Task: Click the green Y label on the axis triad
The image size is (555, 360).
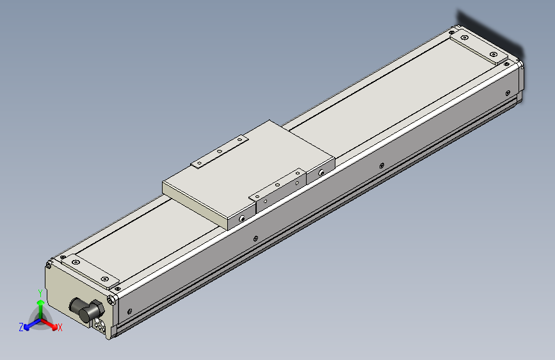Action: point(40,293)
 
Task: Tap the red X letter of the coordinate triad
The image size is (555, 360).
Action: point(60,328)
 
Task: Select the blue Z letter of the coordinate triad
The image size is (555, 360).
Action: point(21,327)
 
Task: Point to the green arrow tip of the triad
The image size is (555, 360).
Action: point(40,303)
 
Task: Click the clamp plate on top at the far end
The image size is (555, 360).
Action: point(479,49)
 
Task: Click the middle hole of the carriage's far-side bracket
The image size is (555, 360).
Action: point(220,152)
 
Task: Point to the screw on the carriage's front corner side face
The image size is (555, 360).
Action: point(243,218)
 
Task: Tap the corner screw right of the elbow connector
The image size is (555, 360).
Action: point(113,300)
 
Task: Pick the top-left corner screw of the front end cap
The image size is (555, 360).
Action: point(49,263)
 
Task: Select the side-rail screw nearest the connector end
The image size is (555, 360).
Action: point(131,311)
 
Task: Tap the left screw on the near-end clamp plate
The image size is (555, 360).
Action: point(76,261)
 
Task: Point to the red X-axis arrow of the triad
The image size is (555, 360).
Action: point(51,323)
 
